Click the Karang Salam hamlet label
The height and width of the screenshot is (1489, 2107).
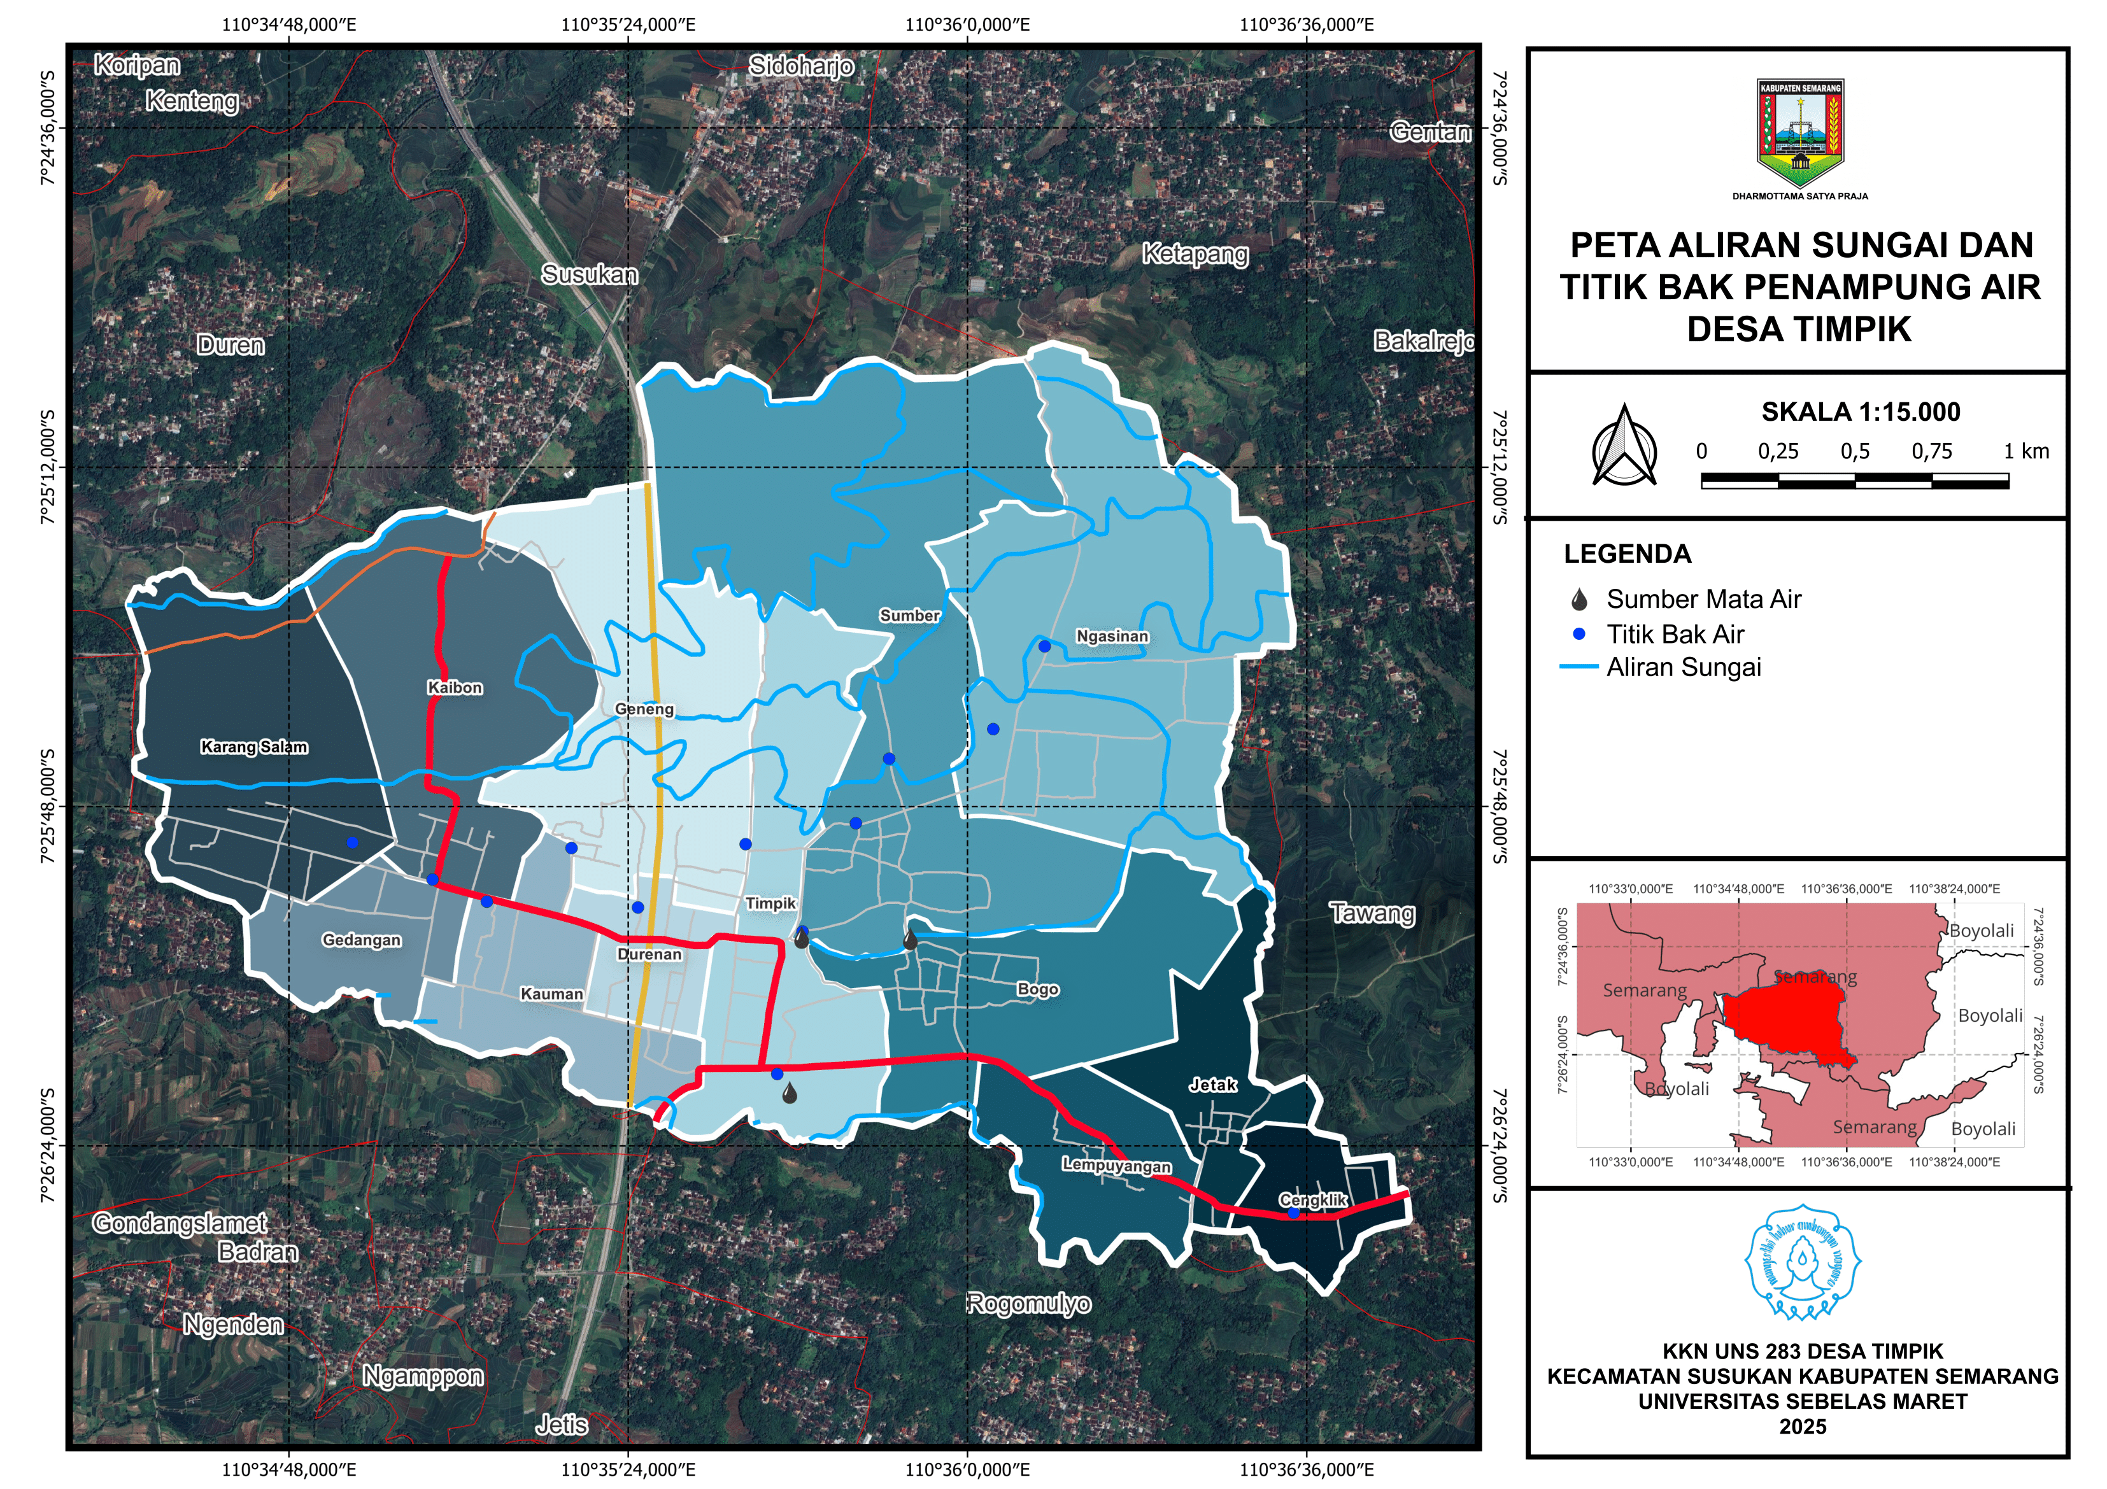coord(254,747)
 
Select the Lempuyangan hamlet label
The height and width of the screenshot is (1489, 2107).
coord(1116,1165)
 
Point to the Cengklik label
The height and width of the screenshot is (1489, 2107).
coord(1312,1199)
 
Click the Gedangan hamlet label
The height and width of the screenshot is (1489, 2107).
coord(362,940)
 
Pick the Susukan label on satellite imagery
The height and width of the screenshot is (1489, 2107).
coord(589,274)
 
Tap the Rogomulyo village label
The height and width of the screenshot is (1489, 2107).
coord(1030,1304)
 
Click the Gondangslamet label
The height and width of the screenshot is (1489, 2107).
coord(180,1223)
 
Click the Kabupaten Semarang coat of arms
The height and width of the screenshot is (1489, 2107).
coord(1799,134)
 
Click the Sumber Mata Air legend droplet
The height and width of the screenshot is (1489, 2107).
coord(1578,600)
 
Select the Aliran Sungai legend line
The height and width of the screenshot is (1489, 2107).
coord(1578,667)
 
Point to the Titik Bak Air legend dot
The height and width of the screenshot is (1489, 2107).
coord(1578,634)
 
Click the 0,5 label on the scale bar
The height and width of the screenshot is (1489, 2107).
coord(1855,451)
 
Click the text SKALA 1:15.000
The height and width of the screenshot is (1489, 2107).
coord(1859,412)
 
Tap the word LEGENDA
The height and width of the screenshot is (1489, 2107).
coord(1626,554)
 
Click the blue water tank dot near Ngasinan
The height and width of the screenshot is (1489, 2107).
coord(1044,646)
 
